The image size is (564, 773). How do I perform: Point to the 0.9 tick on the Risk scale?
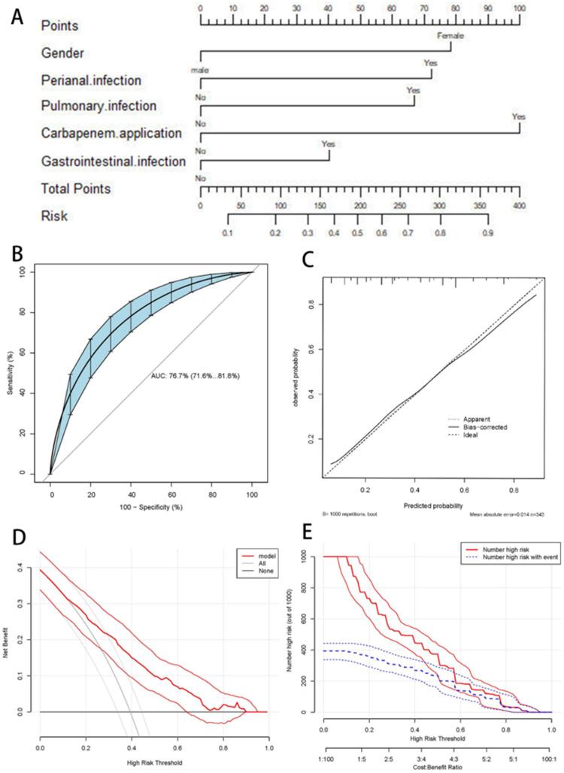click(487, 234)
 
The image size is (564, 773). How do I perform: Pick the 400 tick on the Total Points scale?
click(519, 204)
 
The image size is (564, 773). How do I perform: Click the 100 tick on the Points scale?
click(519, 8)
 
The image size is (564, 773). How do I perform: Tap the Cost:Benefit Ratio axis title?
click(437, 766)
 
